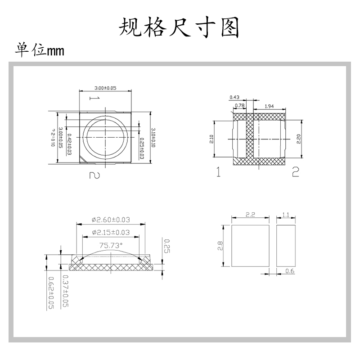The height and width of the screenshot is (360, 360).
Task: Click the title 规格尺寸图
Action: click(x=179, y=27)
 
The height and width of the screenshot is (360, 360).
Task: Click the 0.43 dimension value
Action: click(x=234, y=97)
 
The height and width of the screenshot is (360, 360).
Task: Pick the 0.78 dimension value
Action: click(x=240, y=106)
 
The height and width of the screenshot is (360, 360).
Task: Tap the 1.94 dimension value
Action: click(x=270, y=106)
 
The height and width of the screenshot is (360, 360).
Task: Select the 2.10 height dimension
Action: click(x=211, y=139)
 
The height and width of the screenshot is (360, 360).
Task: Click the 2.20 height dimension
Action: click(x=298, y=139)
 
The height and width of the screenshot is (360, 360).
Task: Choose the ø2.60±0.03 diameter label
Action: click(x=111, y=220)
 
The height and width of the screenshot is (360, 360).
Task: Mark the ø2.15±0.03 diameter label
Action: click(x=111, y=232)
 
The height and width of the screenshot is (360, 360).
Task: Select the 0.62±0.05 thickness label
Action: click(x=50, y=292)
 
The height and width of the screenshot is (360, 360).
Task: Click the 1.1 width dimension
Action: click(x=285, y=215)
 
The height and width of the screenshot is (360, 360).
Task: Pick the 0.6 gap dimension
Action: click(x=291, y=271)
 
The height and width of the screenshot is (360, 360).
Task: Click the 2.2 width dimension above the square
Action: click(x=251, y=215)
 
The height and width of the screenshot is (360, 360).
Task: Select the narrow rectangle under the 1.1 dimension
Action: click(x=285, y=245)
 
